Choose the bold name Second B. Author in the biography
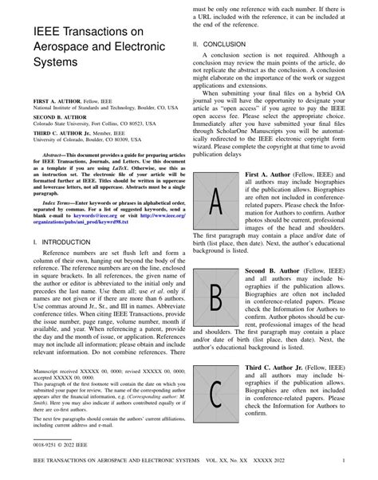277,271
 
